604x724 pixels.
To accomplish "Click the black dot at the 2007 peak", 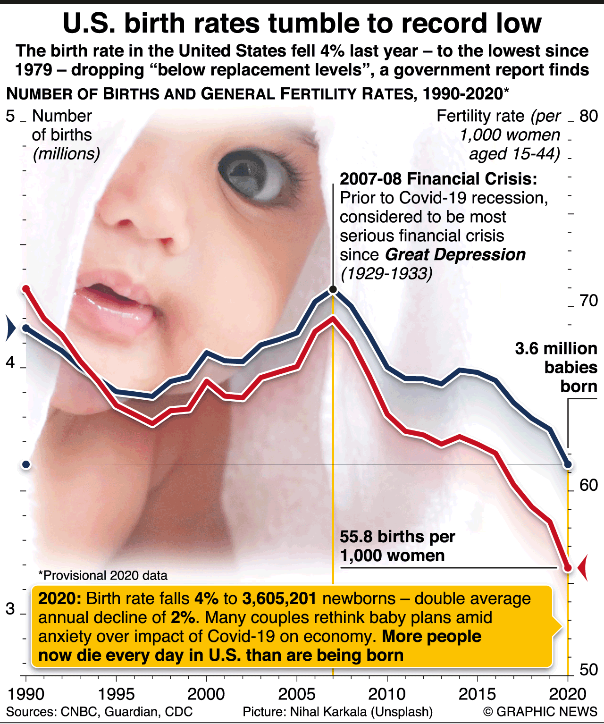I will (x=333, y=289).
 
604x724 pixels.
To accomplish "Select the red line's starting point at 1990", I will (x=26, y=289).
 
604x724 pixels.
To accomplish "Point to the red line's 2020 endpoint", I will (x=568, y=568).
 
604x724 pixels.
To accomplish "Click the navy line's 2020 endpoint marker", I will (x=568, y=465).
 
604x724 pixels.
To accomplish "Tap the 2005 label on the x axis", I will (x=296, y=694).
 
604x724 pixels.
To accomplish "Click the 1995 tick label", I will (x=116, y=694).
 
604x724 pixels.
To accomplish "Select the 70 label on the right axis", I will (x=588, y=301).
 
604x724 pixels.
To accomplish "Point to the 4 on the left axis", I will (x=10, y=363).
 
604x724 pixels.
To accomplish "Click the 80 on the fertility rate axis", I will (x=588, y=116).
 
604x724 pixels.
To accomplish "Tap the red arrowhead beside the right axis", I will (x=583, y=568).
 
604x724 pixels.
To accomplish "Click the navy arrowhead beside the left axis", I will (x=10, y=328).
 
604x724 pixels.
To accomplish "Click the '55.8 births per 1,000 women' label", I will (x=397, y=546).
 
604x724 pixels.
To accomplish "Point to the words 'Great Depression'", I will (x=455, y=255).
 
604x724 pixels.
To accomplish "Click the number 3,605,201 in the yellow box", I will (x=279, y=598).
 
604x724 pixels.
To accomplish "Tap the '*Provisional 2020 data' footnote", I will (x=103, y=576).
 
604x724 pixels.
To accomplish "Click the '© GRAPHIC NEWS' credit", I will (x=540, y=712).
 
